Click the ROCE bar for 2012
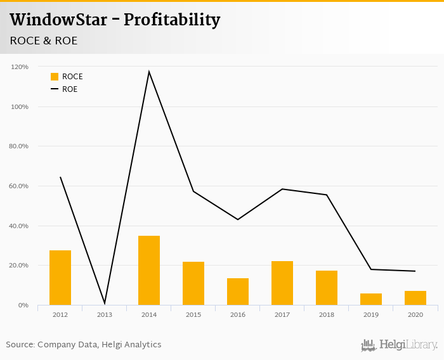point(60,278)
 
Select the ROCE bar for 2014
point(149,271)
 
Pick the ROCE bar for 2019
point(371,299)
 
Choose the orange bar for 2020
point(415,298)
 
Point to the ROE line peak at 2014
point(149,72)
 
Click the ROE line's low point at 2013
point(105,304)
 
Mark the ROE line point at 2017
point(282,189)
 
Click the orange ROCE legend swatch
point(55,77)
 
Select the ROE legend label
point(70,89)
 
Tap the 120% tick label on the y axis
point(20,67)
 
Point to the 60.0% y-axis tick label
point(19,186)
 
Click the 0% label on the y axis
point(23,305)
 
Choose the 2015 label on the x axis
point(193,314)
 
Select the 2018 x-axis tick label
point(327,314)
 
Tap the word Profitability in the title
point(172,20)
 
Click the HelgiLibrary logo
point(400,345)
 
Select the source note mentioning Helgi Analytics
point(84,345)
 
